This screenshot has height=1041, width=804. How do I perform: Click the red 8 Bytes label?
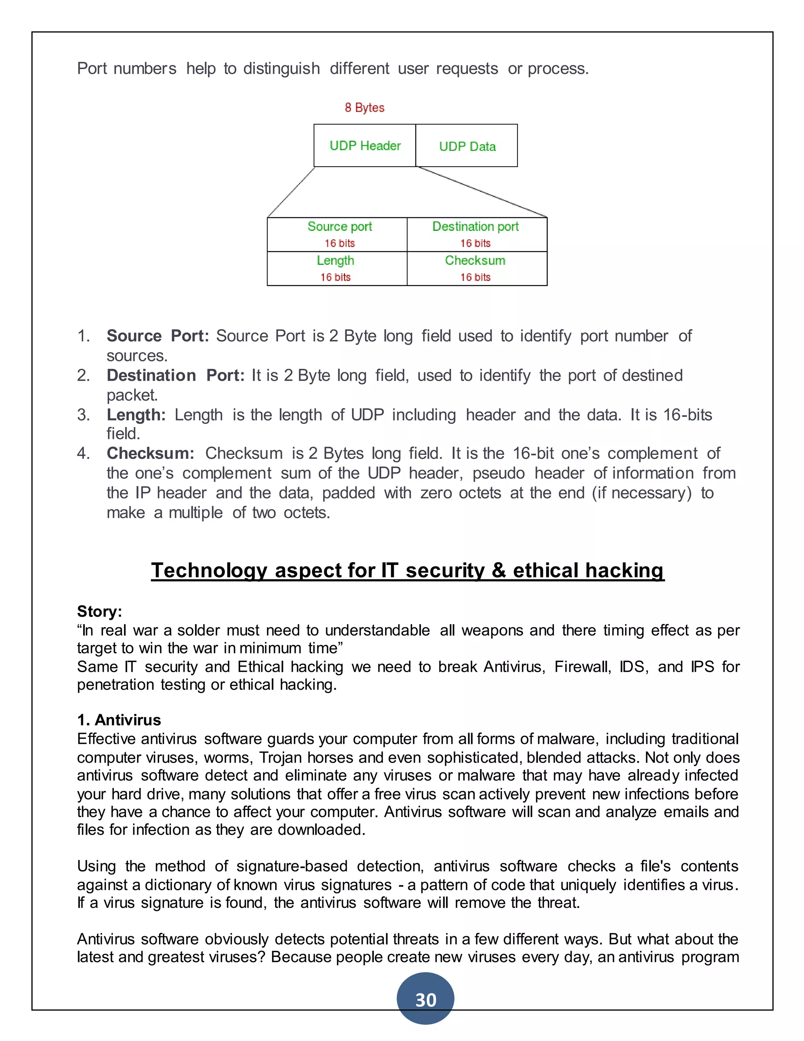(364, 108)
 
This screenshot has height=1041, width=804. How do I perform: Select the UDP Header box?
(365, 145)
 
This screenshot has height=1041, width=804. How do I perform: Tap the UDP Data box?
(467, 146)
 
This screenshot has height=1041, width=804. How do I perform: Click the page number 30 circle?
(425, 999)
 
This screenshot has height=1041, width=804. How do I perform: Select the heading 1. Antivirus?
(119, 720)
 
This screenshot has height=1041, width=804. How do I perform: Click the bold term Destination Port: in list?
(175, 376)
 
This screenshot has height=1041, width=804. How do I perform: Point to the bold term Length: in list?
(136, 415)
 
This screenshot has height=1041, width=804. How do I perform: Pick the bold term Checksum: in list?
(150, 453)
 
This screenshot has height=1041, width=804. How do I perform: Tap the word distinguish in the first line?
(281, 69)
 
